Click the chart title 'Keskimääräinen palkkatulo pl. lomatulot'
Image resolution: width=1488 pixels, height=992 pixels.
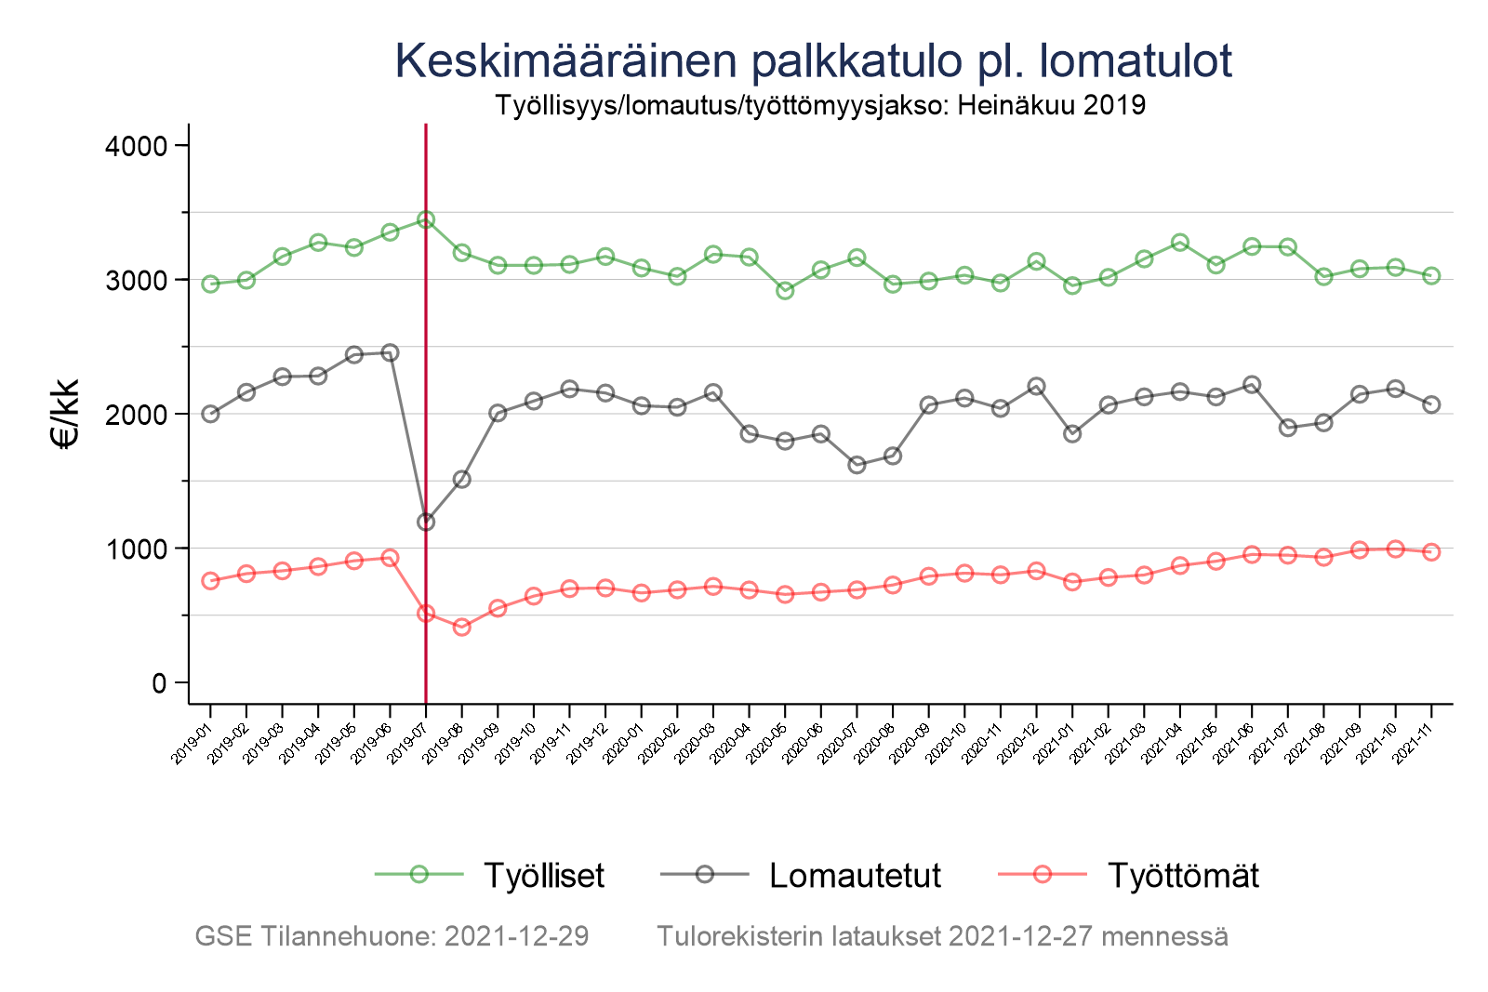tap(813, 61)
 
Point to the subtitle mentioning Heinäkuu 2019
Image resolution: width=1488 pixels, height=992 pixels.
tap(819, 105)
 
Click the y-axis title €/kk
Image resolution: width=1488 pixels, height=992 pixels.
tap(66, 414)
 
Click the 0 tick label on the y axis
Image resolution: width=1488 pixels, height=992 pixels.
tap(158, 683)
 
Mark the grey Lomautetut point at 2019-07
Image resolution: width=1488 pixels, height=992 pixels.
tap(426, 522)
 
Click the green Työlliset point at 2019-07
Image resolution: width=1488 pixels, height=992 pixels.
tap(426, 219)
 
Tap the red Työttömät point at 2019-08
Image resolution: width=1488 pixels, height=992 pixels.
tap(462, 628)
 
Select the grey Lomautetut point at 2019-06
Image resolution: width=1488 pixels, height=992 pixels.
tap(391, 352)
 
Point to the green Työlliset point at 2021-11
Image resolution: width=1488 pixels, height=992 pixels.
tap(1431, 276)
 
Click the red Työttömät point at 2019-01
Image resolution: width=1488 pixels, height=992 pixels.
tap(210, 581)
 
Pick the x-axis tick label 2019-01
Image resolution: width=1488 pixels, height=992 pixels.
tap(193, 747)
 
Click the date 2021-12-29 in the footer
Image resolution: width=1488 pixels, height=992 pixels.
tap(516, 936)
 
